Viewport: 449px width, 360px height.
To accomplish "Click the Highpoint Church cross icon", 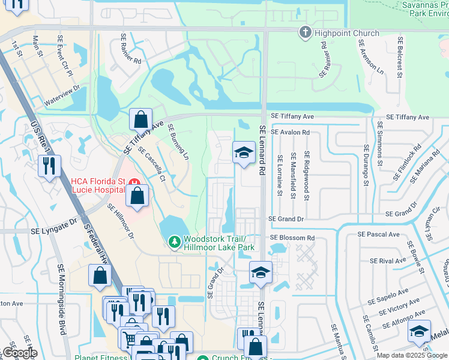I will tap(305, 32).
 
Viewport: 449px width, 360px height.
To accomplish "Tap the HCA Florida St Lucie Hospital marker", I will tap(137, 181).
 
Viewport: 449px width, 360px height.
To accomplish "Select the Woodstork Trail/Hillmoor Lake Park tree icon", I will tap(174, 241).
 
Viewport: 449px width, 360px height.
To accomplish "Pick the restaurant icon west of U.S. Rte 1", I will tap(49, 166).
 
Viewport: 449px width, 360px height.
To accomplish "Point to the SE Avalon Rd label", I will tap(290, 132).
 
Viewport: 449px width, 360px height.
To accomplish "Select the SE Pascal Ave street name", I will tap(378, 235).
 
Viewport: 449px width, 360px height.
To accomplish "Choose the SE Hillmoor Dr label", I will tap(121, 221).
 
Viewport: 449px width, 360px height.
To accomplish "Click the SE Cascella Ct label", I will tap(151, 163).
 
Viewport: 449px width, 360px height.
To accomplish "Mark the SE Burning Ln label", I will tap(178, 142).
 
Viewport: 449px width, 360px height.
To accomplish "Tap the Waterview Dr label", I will tap(61, 97).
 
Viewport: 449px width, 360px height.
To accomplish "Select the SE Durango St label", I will tap(365, 162).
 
